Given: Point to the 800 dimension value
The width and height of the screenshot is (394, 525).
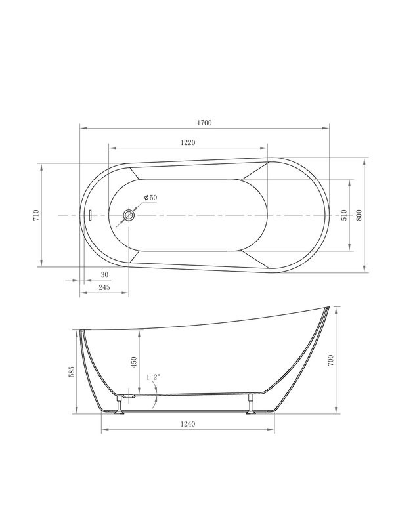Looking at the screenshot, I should coord(359,215).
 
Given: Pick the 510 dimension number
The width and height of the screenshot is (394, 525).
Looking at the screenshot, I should coord(344,215).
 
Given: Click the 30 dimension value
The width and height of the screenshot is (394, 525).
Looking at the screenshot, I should coord(104,274).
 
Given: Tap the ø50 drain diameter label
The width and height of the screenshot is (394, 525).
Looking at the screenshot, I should coord(150,198).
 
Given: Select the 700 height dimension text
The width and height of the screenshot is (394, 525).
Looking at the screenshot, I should coord(332,360).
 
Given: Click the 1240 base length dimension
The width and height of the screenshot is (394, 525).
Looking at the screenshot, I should coord(189,425).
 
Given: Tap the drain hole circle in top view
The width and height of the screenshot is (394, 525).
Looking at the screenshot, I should coord(129,215).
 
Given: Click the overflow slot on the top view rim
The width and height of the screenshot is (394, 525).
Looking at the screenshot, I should coord(91,215).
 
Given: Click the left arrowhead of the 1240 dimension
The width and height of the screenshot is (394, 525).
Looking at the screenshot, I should coord(104,431).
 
